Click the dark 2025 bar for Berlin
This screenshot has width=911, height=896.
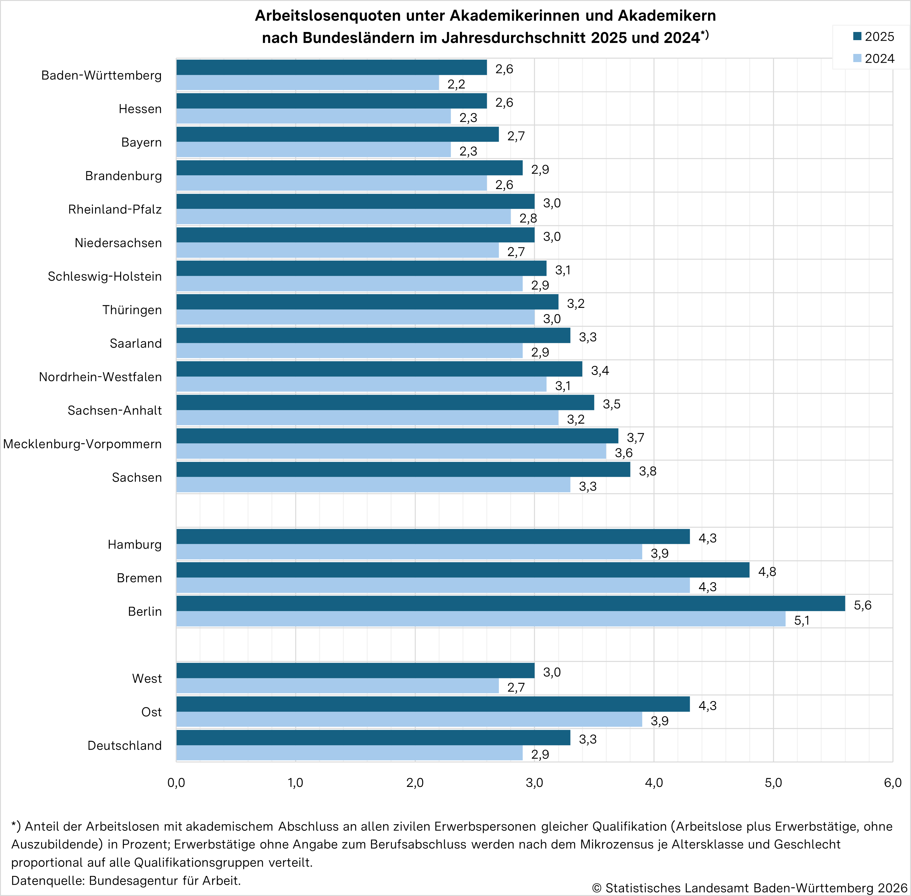click(x=510, y=603)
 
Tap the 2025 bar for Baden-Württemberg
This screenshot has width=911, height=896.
click(x=332, y=67)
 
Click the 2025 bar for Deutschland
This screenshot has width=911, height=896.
click(x=373, y=737)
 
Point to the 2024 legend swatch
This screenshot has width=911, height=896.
click(x=857, y=58)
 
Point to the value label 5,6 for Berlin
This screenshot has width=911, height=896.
click(x=862, y=605)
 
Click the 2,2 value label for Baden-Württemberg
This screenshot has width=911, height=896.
click(x=456, y=84)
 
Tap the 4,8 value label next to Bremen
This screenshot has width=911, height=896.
click(x=767, y=572)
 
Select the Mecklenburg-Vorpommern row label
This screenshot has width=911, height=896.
click(x=83, y=444)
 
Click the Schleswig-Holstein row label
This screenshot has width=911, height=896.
click(x=104, y=276)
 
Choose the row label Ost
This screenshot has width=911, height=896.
click(x=151, y=712)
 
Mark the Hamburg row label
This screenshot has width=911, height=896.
click(x=135, y=545)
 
